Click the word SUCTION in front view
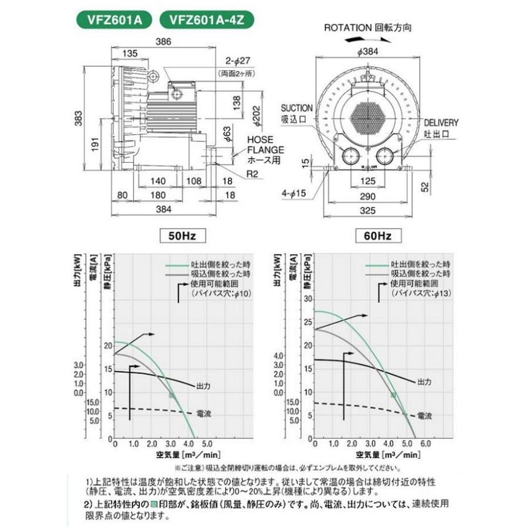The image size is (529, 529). [x=296, y=109]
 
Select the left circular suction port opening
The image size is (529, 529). [x=351, y=156]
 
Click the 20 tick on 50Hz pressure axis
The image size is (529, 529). [x=106, y=345]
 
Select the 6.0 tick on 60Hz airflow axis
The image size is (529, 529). [x=425, y=444]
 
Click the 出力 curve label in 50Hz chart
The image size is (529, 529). [x=203, y=386]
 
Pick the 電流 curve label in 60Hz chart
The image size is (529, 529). [x=425, y=416]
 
